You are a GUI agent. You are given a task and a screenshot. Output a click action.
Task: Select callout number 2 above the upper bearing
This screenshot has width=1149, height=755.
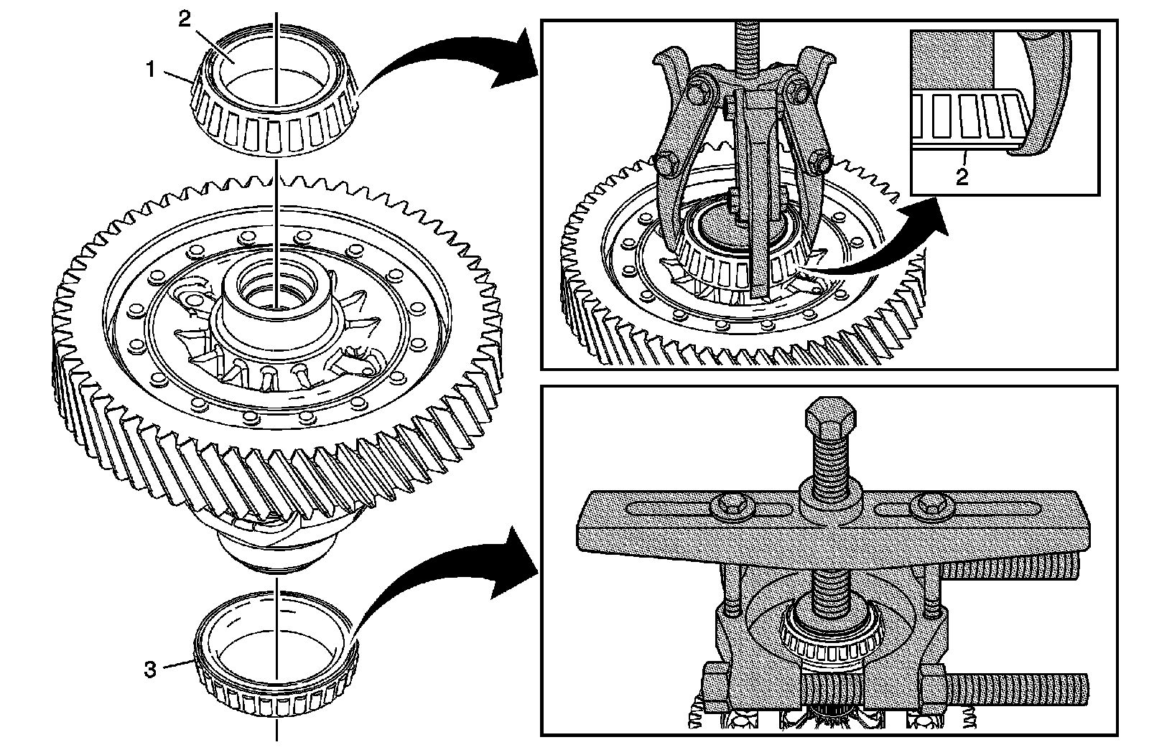point(184,19)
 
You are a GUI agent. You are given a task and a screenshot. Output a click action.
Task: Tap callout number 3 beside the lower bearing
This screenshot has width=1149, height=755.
point(150,670)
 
